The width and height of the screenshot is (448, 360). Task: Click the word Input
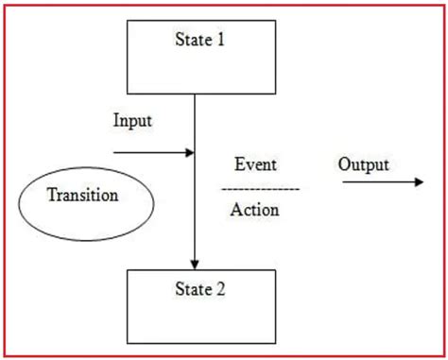coord(132,121)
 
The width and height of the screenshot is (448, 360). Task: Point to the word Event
coord(255,164)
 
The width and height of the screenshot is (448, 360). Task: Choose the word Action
coord(255,210)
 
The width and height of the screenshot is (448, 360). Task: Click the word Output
coord(364,164)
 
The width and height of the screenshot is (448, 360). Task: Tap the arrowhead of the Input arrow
coord(189,151)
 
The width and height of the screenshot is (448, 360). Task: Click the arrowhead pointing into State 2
coord(195,264)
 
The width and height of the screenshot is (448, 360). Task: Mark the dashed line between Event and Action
coord(260,189)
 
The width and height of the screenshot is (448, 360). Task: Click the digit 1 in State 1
coord(221,41)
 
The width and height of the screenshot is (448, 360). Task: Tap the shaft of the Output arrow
coord(373,182)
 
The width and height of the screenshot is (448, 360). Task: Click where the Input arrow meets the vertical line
coord(195,151)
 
